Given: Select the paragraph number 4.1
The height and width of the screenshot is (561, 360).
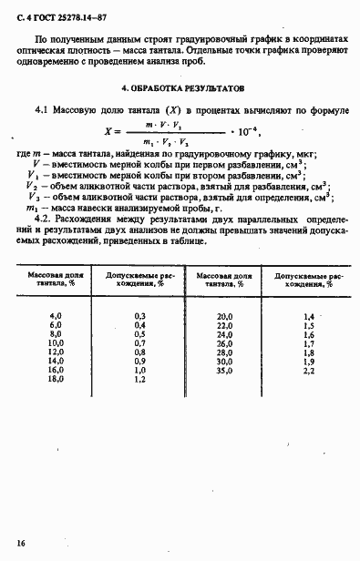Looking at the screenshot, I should (x=40, y=110).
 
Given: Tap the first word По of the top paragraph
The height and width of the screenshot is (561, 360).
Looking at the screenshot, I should (x=41, y=43).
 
